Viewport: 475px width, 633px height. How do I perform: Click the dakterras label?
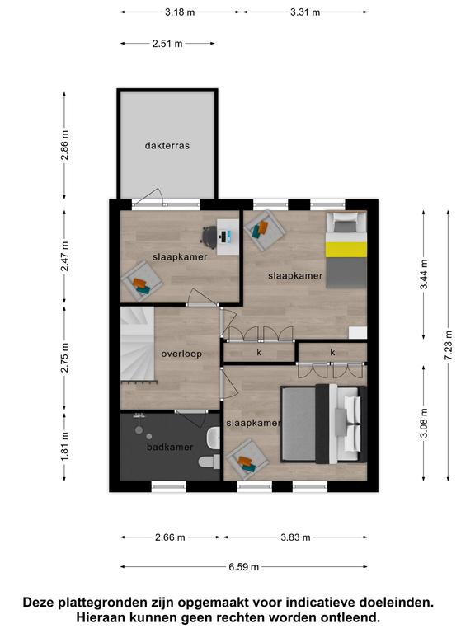(x=167, y=146)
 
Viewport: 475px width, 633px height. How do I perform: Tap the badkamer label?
(x=170, y=447)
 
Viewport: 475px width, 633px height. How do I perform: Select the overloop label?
(x=181, y=354)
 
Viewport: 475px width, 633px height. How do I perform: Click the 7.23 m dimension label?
(x=449, y=345)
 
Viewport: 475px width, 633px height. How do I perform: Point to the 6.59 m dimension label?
(x=243, y=567)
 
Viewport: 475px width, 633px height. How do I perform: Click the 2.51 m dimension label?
(x=167, y=43)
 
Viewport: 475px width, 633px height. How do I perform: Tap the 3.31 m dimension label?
(x=305, y=12)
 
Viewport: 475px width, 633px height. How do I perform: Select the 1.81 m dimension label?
(x=64, y=447)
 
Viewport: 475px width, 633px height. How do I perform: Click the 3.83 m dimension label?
(x=295, y=537)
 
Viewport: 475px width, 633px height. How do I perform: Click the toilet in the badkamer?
(x=209, y=461)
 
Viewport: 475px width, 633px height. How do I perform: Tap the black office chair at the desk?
(x=209, y=235)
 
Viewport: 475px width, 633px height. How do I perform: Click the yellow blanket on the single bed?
(x=346, y=250)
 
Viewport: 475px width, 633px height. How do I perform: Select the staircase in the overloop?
(x=138, y=344)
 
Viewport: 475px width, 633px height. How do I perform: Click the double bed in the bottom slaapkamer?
(x=323, y=424)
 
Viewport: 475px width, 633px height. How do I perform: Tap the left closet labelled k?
(x=259, y=353)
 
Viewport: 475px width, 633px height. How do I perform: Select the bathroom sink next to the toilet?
(x=214, y=438)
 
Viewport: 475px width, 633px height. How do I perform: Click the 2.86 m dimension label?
(x=64, y=145)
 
